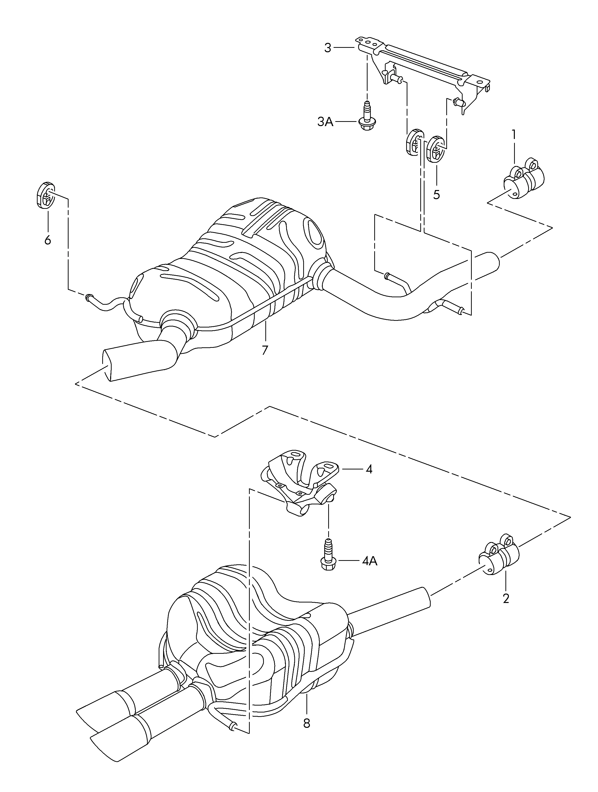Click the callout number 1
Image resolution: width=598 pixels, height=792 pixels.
click(x=514, y=135)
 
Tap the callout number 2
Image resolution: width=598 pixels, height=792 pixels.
click(x=506, y=598)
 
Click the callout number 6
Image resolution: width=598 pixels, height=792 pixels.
click(x=48, y=240)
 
